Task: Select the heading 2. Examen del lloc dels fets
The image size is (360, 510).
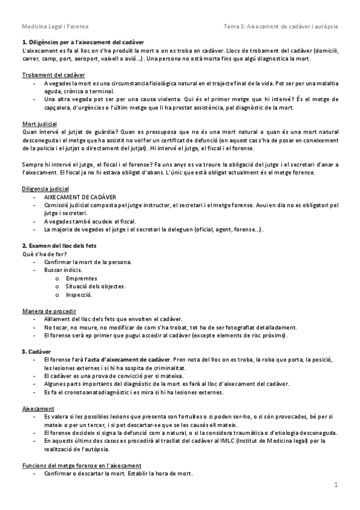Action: (59, 246)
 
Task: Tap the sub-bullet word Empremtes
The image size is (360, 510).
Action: (82, 278)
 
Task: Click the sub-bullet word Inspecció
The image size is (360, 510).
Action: (79, 295)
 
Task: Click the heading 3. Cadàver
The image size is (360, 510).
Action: (36, 351)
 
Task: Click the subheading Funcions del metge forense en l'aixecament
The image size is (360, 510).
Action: (82, 465)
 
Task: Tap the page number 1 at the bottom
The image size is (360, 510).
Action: (337, 484)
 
